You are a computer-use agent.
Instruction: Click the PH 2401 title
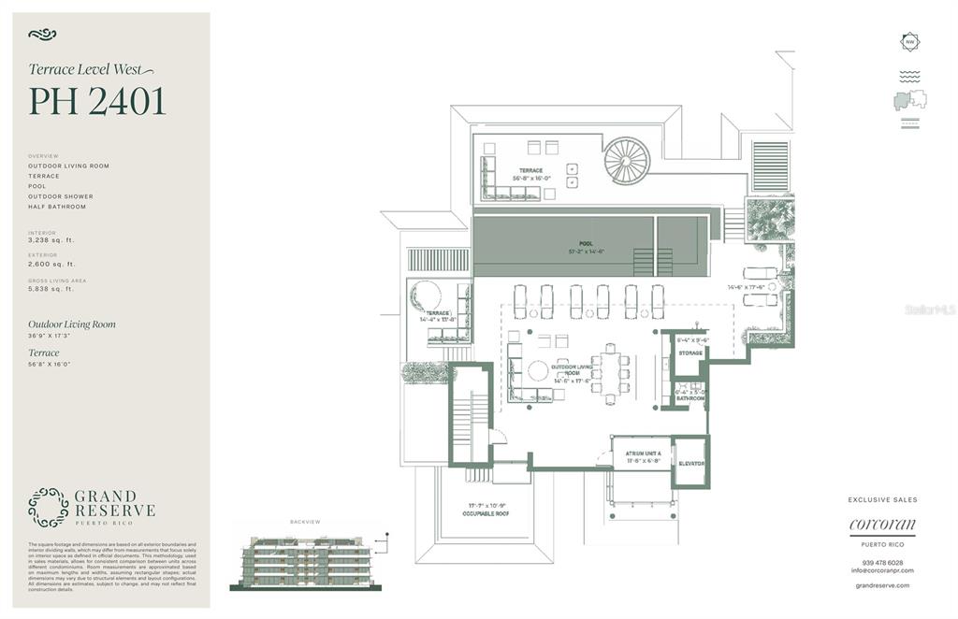[97, 101]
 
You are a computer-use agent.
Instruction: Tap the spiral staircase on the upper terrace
[626, 161]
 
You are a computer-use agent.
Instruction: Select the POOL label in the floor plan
[587, 245]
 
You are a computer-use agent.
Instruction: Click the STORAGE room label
[690, 353]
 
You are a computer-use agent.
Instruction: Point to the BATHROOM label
[690, 398]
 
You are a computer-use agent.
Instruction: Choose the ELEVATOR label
[691, 463]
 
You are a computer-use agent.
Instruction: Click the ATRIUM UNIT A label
[643, 453]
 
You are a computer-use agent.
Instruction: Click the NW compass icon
[909, 42]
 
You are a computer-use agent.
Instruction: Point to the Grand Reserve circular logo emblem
[48, 507]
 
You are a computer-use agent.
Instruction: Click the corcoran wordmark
[882, 525]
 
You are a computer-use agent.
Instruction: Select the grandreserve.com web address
[882, 585]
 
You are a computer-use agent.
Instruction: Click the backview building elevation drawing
[306, 559]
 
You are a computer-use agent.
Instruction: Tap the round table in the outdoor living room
[538, 371]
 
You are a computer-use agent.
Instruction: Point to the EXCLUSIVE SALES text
[882, 499]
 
